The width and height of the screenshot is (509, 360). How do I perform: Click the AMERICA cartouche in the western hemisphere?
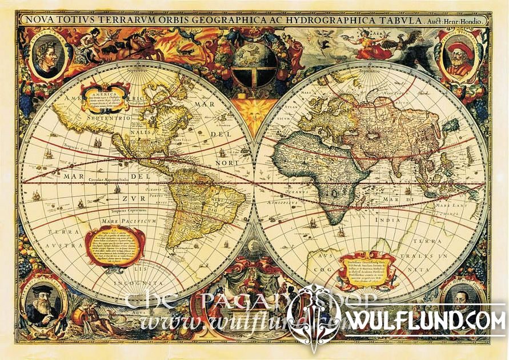coord(105,97)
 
